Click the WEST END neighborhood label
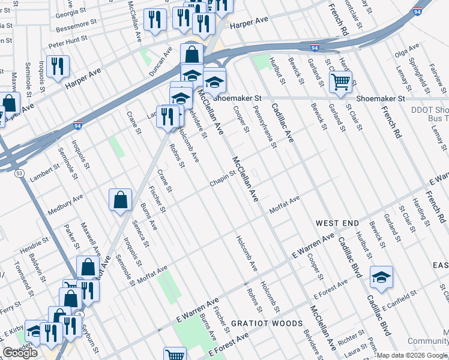point(337,223)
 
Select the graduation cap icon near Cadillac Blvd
point(381,277)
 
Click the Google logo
point(20,353)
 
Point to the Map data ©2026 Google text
point(412,355)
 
